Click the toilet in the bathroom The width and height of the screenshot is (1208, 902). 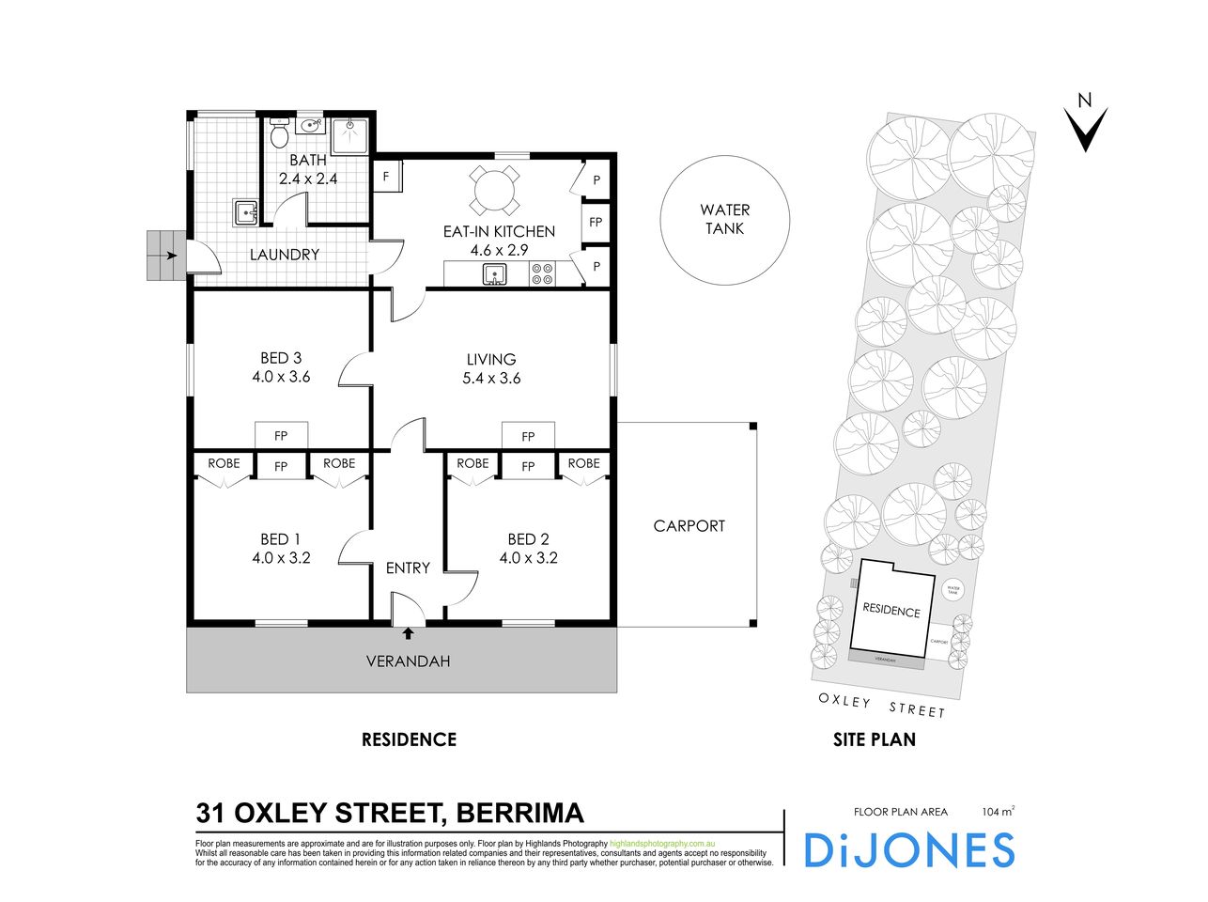point(278,136)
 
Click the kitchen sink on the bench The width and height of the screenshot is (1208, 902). point(495,274)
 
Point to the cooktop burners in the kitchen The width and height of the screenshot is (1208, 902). point(542,274)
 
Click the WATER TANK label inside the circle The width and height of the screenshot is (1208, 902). point(724,220)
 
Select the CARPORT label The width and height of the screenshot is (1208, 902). point(689,526)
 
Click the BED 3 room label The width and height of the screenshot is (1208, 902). point(280,358)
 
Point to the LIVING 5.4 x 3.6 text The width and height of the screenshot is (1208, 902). point(491,369)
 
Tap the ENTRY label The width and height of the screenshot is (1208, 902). point(408,568)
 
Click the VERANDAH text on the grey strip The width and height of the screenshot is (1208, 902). point(408,661)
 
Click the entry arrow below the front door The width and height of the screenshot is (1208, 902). point(408,634)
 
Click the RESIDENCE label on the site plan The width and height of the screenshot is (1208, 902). point(891,611)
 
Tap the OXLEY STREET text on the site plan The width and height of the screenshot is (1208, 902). point(881,705)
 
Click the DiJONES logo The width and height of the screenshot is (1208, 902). point(909,849)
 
